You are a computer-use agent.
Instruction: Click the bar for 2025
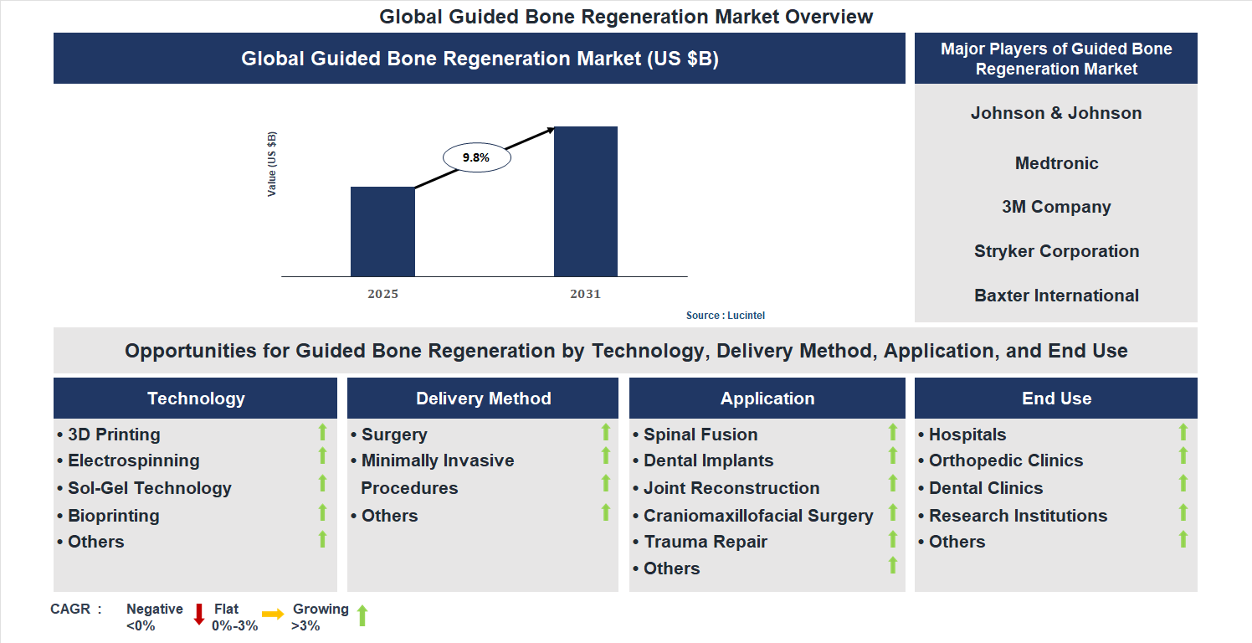(382, 231)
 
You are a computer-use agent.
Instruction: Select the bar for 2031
(585, 201)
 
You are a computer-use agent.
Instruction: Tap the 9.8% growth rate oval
(475, 157)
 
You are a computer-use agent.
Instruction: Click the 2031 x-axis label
(585, 294)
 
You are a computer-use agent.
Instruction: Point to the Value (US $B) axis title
(272, 164)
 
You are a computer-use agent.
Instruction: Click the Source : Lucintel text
(725, 316)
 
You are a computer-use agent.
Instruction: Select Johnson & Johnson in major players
(1055, 113)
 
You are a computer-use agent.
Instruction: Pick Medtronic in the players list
(1055, 163)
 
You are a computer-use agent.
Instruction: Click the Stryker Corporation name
(1055, 251)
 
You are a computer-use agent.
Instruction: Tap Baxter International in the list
(1055, 296)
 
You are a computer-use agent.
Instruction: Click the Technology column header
(196, 399)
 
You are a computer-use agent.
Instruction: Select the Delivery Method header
(483, 399)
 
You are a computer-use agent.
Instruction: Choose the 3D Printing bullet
(113, 435)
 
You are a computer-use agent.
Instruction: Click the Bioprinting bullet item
(113, 516)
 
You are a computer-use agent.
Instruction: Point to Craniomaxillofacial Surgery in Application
(757, 516)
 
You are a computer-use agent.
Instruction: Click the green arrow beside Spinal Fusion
(892, 432)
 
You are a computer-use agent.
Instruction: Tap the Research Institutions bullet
(1017, 516)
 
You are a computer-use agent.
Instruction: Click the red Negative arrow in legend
(199, 615)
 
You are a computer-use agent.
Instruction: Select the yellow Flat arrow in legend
(273, 615)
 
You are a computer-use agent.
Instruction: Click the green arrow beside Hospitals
(1183, 432)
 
